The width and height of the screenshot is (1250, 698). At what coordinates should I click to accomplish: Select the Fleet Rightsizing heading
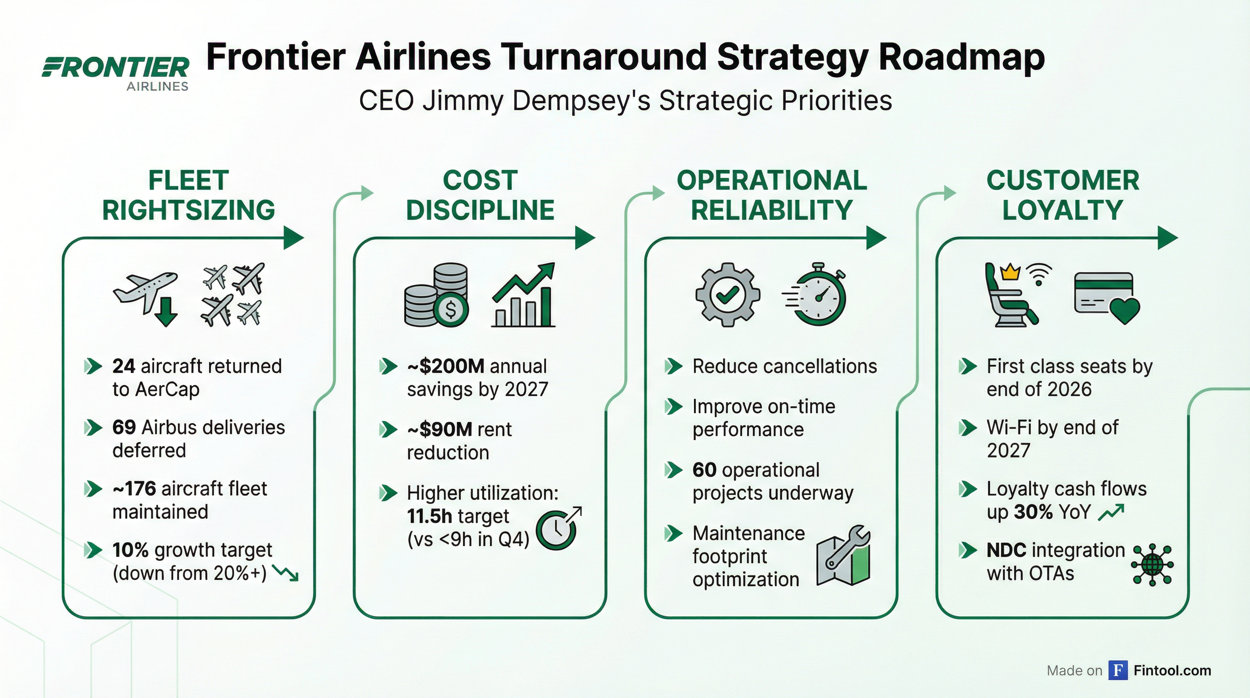click(x=188, y=195)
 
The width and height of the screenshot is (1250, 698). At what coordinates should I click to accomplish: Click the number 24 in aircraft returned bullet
click(x=123, y=366)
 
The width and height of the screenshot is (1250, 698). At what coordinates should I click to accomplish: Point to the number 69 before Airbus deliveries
click(x=124, y=428)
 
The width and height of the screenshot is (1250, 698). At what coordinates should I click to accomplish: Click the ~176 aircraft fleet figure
click(x=134, y=489)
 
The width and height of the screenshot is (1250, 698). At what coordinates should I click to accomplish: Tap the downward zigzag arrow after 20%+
click(x=286, y=573)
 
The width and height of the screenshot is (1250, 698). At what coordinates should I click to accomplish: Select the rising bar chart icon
click(x=523, y=295)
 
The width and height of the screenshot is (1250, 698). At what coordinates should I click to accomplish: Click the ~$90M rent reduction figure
click(x=439, y=429)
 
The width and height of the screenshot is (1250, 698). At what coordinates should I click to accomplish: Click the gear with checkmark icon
click(x=727, y=294)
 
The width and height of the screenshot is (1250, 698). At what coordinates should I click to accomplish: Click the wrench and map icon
click(x=843, y=556)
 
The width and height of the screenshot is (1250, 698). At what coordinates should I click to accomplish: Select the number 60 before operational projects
click(x=704, y=470)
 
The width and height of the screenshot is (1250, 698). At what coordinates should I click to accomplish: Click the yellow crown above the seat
click(x=1010, y=271)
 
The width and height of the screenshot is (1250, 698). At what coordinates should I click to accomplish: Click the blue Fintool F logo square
click(x=1117, y=670)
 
